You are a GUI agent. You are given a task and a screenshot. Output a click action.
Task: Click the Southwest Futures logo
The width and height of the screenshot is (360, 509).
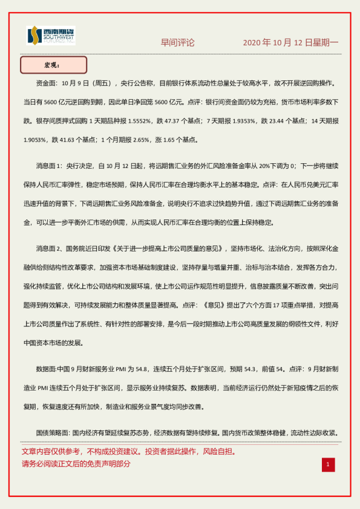[x=51, y=36]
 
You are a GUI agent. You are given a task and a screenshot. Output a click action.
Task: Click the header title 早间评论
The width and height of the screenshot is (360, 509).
[x=177, y=43]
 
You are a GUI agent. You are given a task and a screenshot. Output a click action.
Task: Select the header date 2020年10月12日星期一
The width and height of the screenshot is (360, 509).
[x=290, y=43]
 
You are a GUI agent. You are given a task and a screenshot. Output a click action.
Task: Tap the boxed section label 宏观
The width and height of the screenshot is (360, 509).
[x=53, y=65]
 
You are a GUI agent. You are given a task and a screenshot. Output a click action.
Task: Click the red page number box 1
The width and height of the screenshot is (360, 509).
[x=327, y=464]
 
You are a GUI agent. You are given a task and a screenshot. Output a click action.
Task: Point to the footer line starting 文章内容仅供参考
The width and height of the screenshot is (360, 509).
[x=128, y=452]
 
